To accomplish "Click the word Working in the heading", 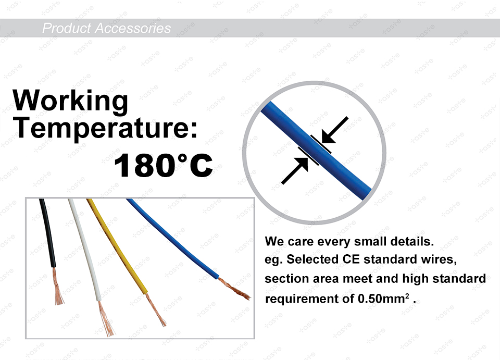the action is click(x=70, y=100).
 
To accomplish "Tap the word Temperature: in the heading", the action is click(x=106, y=128).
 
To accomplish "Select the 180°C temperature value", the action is click(x=163, y=165).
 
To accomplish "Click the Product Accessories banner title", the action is click(x=106, y=28).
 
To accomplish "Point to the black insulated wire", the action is click(x=48, y=233).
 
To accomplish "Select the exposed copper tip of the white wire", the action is click(x=106, y=318).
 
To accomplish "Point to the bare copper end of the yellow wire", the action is click(x=156, y=309).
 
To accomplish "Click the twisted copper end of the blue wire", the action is click(x=234, y=289).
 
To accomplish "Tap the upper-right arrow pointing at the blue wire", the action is click(x=334, y=130).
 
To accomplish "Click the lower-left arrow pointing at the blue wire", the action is click(x=295, y=170).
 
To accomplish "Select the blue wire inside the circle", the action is click(x=316, y=151).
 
